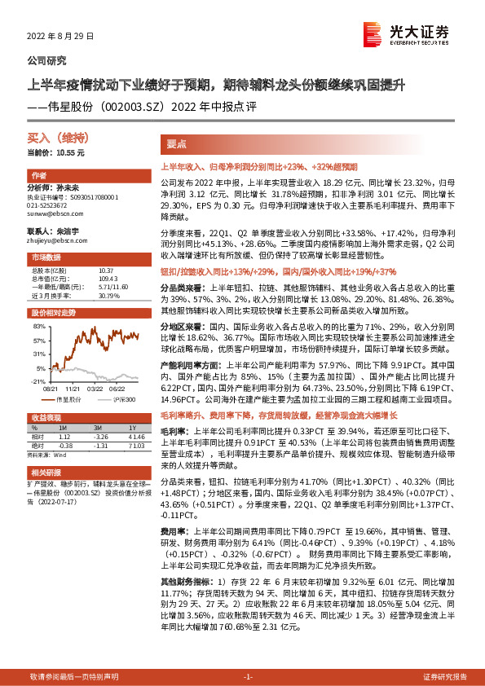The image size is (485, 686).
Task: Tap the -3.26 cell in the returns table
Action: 101,436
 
